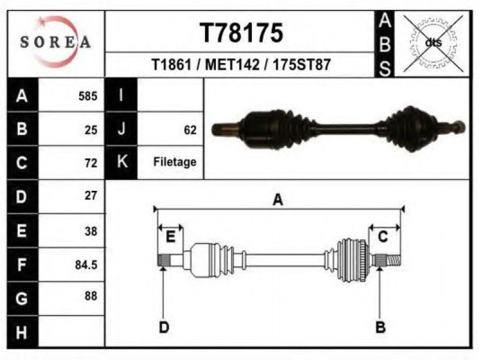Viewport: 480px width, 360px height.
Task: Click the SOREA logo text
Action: click(55, 42)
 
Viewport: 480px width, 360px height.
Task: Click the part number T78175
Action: click(241, 33)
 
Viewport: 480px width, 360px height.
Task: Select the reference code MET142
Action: click(232, 65)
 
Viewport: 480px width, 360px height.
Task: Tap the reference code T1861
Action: click(172, 65)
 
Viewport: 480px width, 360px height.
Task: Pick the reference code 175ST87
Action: click(302, 65)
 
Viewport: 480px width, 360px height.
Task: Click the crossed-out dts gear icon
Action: click(433, 43)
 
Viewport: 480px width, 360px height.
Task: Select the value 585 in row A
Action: click(88, 96)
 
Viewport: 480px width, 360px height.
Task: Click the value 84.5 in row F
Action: click(86, 265)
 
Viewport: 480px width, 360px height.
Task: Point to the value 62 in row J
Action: click(190, 130)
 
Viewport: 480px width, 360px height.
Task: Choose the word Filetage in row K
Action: click(175, 162)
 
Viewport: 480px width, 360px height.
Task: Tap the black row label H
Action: click(22, 332)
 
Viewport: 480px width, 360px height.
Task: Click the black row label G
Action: click(22, 298)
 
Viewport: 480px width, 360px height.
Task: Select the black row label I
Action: click(121, 95)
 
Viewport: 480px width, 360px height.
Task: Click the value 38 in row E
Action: click(91, 231)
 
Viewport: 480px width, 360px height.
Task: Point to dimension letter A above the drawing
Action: click(278, 200)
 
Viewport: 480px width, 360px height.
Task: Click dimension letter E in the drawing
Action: click(170, 236)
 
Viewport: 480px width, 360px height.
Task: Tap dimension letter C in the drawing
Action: click(383, 236)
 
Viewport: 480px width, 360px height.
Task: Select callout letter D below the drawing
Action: click(164, 327)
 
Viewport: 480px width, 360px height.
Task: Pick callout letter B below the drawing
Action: click(380, 327)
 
